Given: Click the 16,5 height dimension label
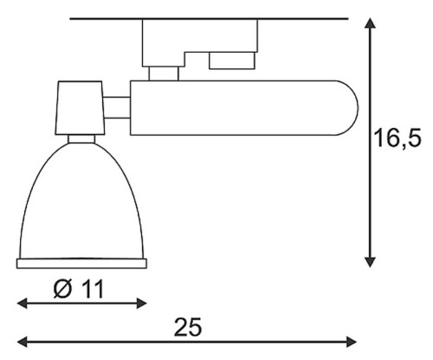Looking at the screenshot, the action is [397, 138].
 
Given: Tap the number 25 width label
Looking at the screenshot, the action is [188, 327].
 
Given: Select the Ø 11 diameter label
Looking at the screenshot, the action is [79, 289].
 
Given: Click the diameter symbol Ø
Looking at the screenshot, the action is [62, 289].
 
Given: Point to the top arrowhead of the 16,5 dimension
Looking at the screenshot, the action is [370, 23].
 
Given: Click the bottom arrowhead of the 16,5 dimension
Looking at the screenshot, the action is [370, 262].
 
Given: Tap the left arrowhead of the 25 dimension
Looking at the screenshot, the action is [23, 342].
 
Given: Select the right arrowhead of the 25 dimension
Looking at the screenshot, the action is [352, 342].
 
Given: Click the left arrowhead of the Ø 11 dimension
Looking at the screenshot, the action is [23, 303].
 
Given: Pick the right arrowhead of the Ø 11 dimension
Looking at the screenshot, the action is [142, 303].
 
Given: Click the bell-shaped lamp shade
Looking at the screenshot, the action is [81, 202].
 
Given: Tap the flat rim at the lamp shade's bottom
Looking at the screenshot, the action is [81, 264].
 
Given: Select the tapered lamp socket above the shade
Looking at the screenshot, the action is [80, 108].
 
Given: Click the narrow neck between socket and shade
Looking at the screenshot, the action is [81, 138].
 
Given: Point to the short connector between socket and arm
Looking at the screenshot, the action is [117, 107].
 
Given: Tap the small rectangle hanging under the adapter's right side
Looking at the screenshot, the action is [232, 61].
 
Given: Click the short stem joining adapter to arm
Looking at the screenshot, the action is [164, 74].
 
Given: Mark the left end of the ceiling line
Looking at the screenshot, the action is [70, 19].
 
